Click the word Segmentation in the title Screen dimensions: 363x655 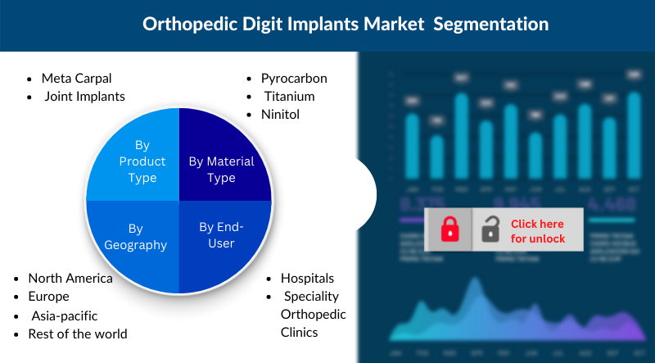[x=490, y=25]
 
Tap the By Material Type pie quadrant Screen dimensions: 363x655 [x=221, y=169]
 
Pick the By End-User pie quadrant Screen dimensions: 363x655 [x=221, y=234]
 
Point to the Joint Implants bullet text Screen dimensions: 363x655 [x=85, y=96]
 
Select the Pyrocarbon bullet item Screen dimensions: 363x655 [x=294, y=79]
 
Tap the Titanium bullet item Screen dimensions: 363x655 [x=289, y=96]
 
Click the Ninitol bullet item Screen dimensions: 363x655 [x=281, y=114]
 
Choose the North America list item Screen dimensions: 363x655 [x=70, y=278]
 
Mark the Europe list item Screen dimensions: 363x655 [x=48, y=296]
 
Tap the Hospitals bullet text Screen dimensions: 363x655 [x=307, y=278]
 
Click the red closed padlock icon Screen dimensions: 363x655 [x=449, y=229]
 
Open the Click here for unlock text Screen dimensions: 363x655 [x=538, y=230]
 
